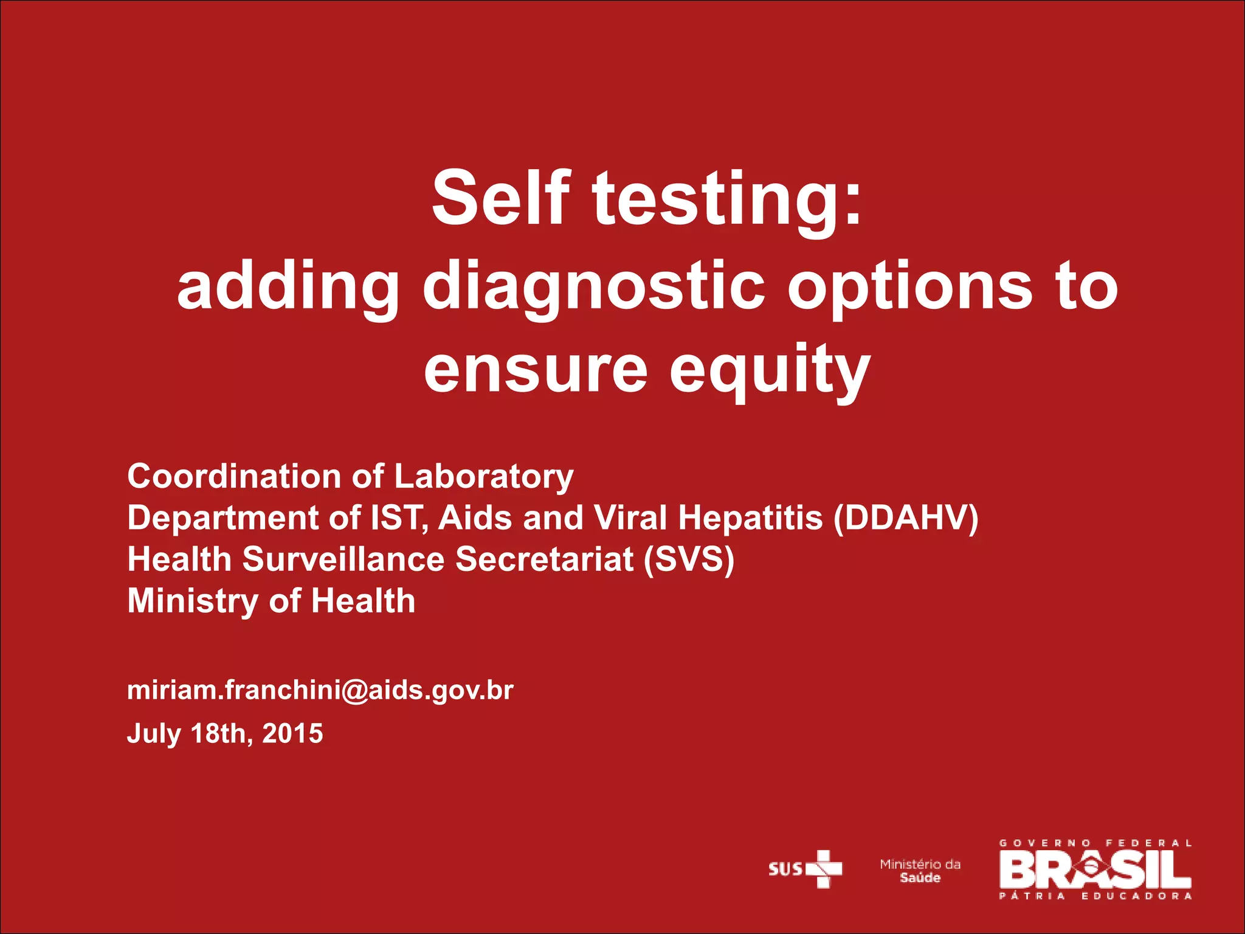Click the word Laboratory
[x=484, y=477]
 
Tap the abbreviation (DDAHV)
[x=906, y=518]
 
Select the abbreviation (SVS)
[x=689, y=559]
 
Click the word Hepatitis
[x=750, y=518]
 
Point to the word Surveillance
[x=343, y=559]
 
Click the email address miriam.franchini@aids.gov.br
[x=320, y=690]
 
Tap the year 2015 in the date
[x=292, y=733]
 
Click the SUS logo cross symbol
[x=824, y=869]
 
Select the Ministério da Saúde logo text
[x=920, y=871]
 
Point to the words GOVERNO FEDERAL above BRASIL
[x=1095, y=843]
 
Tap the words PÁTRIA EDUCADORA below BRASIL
[x=1095, y=896]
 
